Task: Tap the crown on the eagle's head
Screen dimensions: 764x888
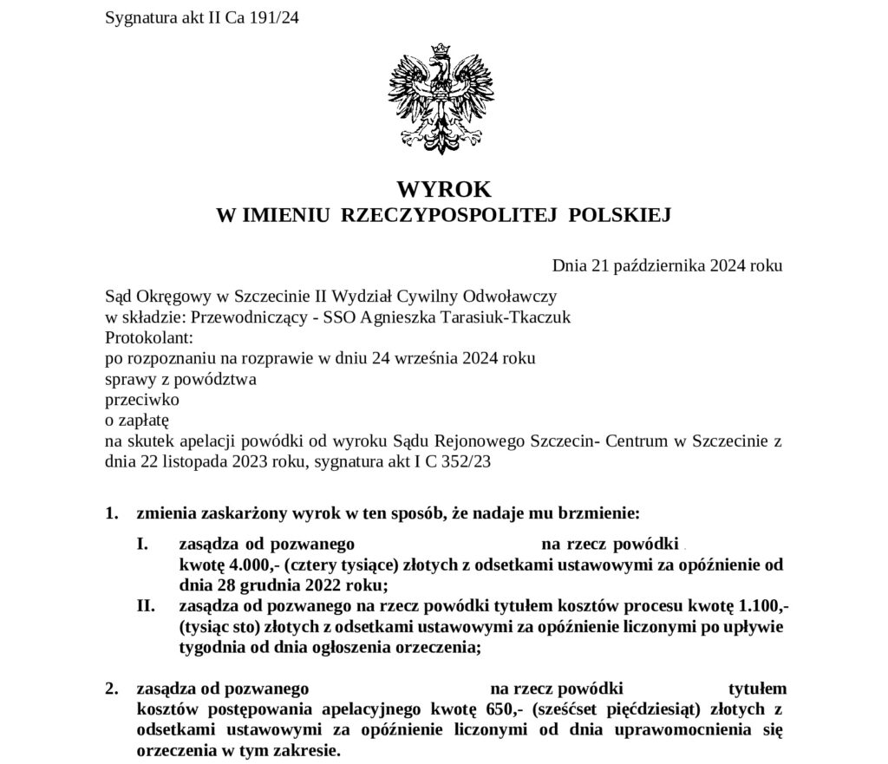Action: [x=442, y=49]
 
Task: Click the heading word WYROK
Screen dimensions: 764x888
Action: [x=443, y=189]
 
